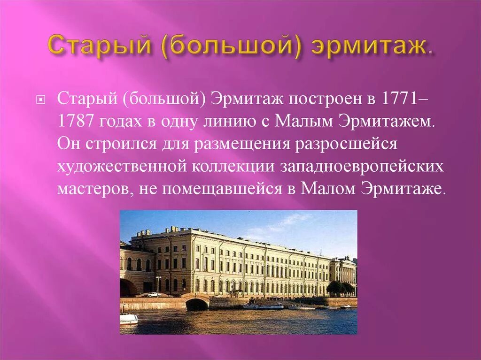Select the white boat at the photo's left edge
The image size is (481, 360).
pyautogui.click(x=128, y=319)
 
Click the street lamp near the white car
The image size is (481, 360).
pyautogui.click(x=158, y=284)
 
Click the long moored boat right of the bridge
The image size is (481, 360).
pyautogui.click(x=263, y=306)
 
